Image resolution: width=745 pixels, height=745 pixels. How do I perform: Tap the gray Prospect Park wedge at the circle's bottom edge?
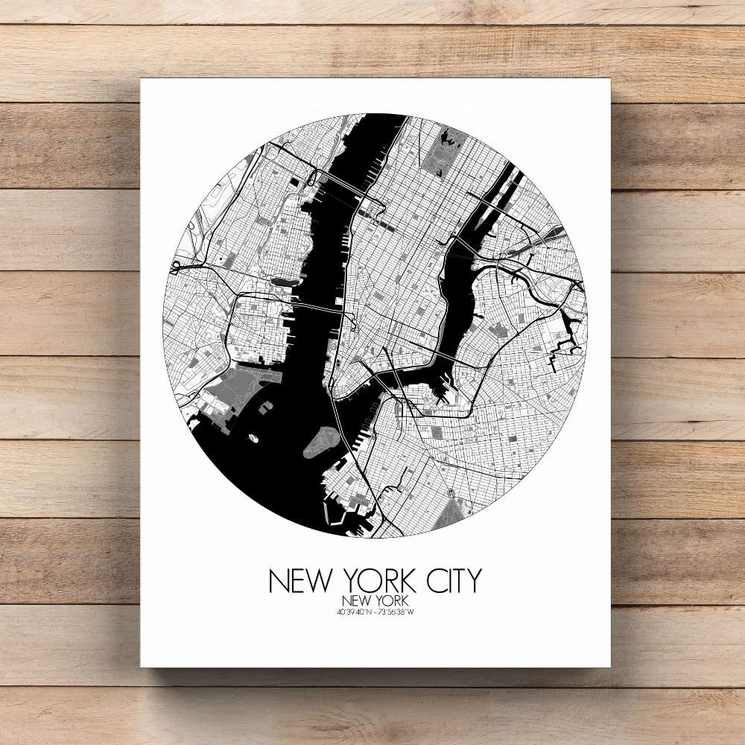point(452,513)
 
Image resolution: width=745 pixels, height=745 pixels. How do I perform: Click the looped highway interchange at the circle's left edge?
point(178,264)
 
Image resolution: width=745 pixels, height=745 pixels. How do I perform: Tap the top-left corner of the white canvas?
point(142,80)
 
